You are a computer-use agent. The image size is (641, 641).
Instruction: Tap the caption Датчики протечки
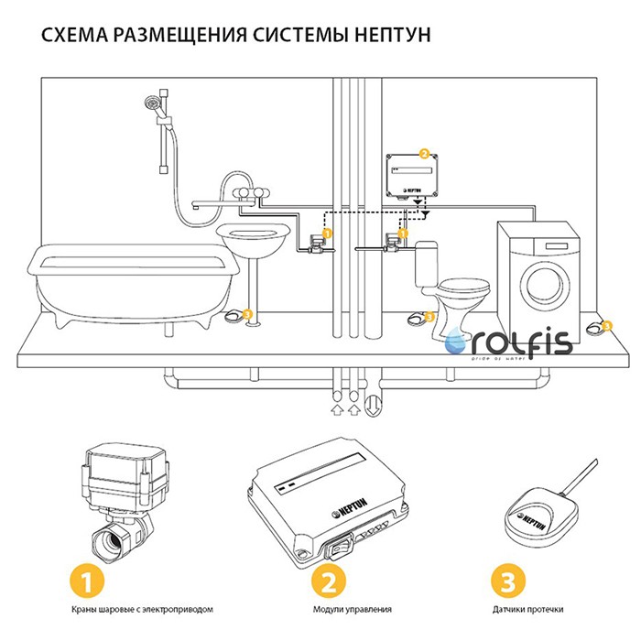coord(527,609)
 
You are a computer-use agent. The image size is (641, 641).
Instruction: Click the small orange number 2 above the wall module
coord(423,153)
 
